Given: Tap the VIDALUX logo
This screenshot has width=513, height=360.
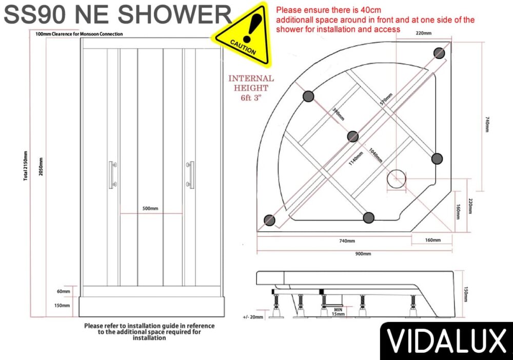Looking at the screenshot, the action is click(447, 341).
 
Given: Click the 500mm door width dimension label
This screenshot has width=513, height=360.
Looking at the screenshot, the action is click(150, 208).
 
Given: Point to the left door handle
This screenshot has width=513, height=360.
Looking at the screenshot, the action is click(113, 175).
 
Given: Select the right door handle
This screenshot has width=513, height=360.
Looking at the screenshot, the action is click(190, 175).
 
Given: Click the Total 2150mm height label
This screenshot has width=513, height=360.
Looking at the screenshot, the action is click(25, 166).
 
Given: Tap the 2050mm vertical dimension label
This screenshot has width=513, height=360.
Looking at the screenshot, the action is click(41, 167).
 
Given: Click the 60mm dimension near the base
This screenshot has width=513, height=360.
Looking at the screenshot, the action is click(64, 291).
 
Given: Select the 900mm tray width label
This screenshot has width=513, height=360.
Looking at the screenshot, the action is click(363, 254).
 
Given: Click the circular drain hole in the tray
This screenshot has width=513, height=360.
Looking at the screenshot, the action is click(396, 179).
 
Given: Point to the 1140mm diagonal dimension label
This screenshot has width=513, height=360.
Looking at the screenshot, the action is click(356, 158).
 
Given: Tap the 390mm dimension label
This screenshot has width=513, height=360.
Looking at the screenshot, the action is click(338, 114).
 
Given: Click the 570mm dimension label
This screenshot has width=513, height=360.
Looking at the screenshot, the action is click(386, 99).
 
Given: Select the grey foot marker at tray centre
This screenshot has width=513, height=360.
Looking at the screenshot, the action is click(353, 136).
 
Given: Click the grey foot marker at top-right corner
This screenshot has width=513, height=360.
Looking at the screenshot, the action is click(439, 53).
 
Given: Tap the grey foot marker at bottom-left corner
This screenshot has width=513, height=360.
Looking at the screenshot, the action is click(269, 220).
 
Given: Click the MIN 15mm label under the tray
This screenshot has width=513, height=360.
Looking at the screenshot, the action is click(338, 312).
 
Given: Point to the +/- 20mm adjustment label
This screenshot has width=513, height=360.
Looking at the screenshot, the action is click(253, 317).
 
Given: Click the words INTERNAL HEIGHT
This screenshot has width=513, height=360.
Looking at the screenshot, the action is click(251, 84).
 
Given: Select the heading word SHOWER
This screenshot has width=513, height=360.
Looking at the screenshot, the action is click(175, 14).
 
